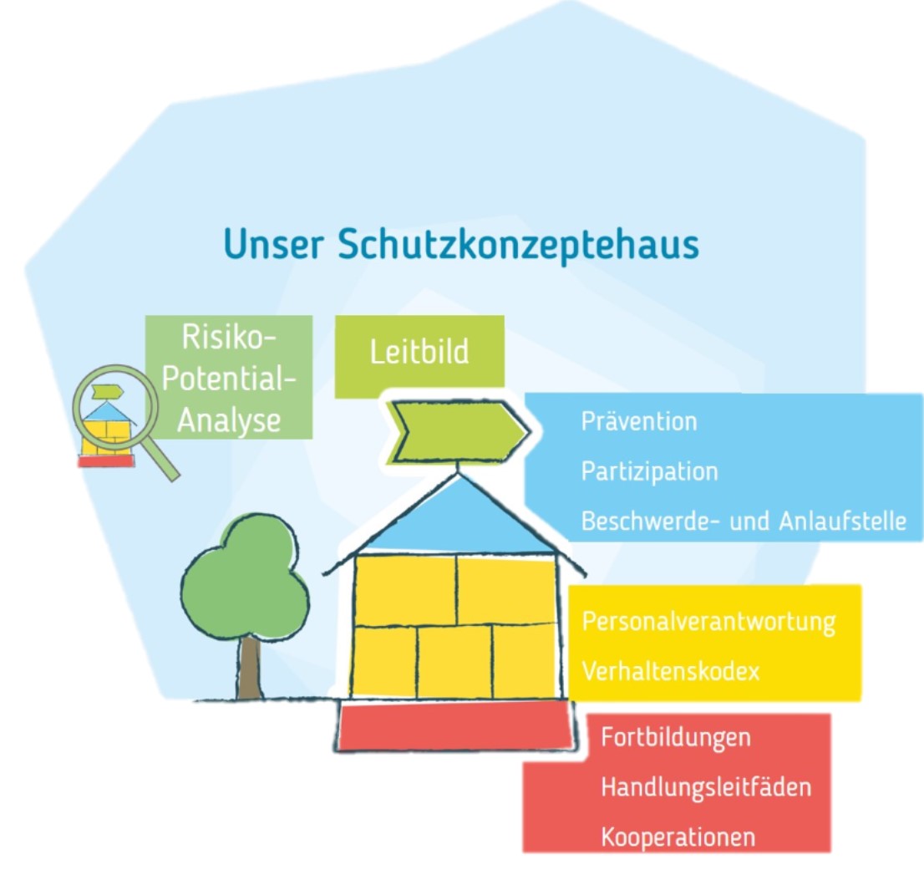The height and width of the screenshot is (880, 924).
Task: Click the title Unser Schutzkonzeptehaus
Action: click(x=460, y=245)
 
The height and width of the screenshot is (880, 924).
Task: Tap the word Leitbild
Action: click(x=419, y=351)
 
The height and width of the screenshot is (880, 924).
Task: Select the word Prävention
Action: click(x=638, y=420)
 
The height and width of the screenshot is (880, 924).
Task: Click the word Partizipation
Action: click(x=649, y=471)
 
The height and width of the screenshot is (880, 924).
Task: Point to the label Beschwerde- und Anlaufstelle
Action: click(x=744, y=521)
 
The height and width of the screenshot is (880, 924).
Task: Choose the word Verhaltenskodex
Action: click(x=671, y=671)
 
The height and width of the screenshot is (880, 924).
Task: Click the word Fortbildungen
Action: click(x=675, y=738)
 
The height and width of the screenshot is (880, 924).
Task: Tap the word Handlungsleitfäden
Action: click(x=706, y=786)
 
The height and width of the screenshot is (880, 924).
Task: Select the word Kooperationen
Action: click(x=678, y=837)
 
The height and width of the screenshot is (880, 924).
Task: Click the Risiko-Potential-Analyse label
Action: click(x=228, y=378)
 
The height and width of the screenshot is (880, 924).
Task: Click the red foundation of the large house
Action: click(x=456, y=724)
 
